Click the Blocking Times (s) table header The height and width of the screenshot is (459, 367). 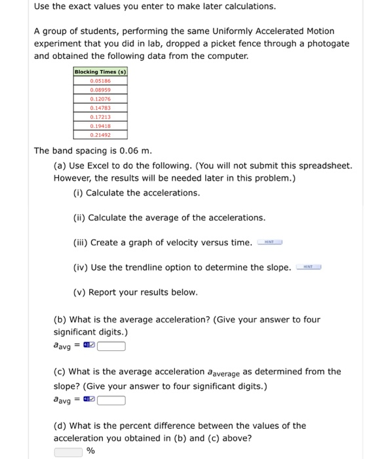point(100,72)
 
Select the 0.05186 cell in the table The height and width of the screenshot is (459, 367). point(100,81)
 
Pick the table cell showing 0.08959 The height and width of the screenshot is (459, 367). point(100,90)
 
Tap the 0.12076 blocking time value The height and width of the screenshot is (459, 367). point(100,99)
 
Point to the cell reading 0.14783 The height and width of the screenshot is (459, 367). point(100,108)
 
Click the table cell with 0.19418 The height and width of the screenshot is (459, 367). point(100,125)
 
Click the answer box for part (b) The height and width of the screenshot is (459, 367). point(111,346)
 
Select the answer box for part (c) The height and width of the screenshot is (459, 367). point(111,399)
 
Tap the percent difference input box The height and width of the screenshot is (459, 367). point(69,451)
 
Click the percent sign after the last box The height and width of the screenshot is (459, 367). point(91,451)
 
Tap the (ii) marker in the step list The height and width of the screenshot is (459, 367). point(79,218)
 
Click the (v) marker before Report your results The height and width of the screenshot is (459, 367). point(79,292)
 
